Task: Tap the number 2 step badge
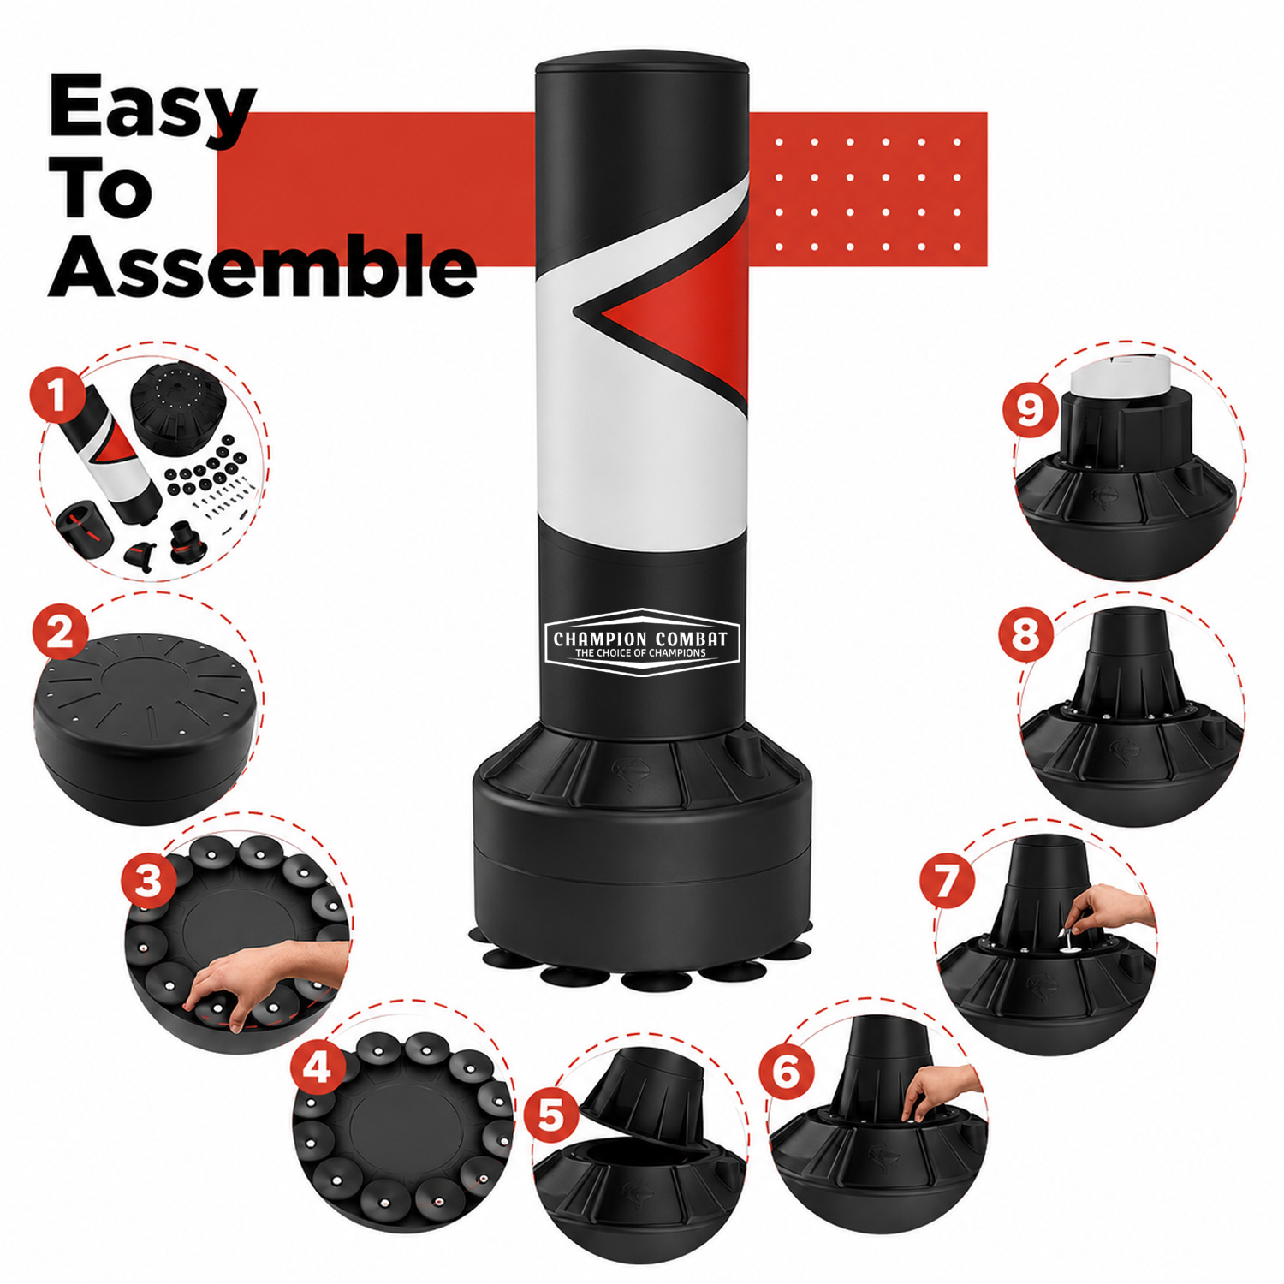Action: pos(60,634)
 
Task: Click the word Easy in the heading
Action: pos(152,109)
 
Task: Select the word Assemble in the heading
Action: pos(262,270)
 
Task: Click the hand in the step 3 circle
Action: pos(270,970)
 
